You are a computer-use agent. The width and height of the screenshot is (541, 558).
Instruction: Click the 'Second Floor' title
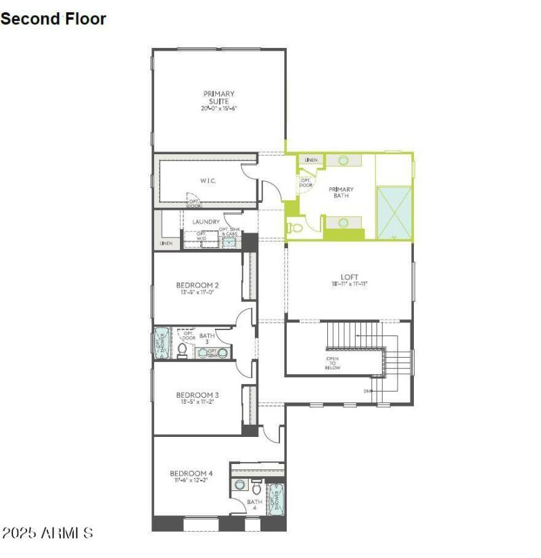click(53, 19)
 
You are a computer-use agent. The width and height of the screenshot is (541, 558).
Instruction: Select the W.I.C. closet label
click(207, 181)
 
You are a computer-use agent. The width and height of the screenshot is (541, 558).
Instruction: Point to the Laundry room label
click(206, 222)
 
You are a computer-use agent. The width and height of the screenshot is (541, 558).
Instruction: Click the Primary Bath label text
click(341, 193)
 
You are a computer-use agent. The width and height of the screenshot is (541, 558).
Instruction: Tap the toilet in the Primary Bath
click(292, 227)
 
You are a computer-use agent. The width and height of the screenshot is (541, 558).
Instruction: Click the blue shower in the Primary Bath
click(394, 212)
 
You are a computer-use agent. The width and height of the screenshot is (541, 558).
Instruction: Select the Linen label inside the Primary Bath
click(310, 160)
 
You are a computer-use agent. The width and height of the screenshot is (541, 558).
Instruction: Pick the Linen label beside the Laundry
click(166, 243)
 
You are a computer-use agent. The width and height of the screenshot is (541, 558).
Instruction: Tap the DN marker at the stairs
click(368, 391)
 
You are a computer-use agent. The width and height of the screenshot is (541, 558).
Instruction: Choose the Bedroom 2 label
click(197, 285)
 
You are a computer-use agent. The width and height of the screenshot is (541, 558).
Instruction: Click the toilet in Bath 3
click(182, 349)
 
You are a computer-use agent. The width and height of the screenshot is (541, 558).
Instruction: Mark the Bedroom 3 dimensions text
click(197, 402)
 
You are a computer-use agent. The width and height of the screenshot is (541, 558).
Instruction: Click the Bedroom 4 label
click(191, 473)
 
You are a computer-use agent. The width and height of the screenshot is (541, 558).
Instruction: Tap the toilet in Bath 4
click(256, 487)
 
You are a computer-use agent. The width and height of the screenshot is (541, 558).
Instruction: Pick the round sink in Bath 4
click(239, 485)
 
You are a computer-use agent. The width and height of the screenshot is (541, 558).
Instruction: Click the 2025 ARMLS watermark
click(47, 533)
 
